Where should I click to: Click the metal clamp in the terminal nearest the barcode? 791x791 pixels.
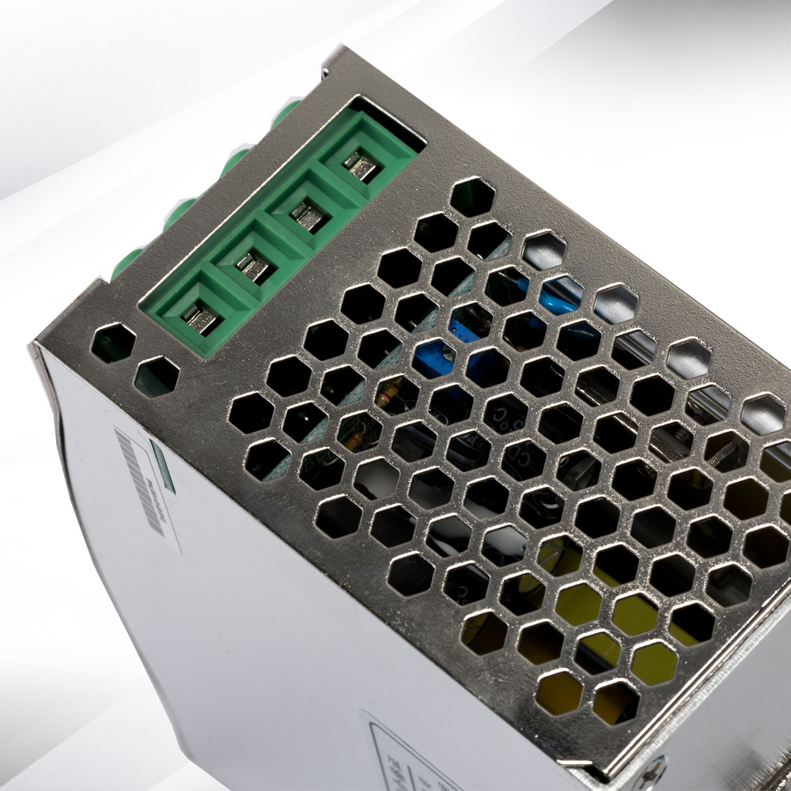(x=200, y=317)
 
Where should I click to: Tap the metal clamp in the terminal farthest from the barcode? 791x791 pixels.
(x=361, y=166)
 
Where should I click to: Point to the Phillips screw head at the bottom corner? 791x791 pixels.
(x=656, y=771)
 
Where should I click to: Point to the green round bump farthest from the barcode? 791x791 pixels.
(x=286, y=110)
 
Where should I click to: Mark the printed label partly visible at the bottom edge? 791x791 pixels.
(x=395, y=751)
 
